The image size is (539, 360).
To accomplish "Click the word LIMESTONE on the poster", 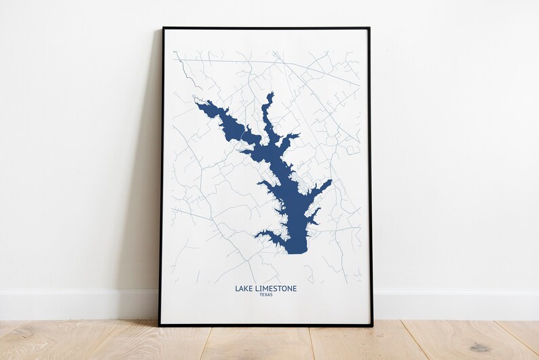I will (x=275, y=289).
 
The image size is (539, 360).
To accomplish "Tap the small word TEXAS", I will (x=265, y=295).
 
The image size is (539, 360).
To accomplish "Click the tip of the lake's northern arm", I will (x=270, y=94).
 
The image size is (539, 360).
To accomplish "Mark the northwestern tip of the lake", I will (x=198, y=103).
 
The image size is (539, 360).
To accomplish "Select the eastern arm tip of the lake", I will (x=330, y=181).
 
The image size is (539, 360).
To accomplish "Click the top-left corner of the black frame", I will (x=163, y=29).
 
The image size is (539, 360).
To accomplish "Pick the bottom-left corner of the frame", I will (x=160, y=325).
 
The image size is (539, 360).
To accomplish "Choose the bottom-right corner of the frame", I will (x=372, y=325).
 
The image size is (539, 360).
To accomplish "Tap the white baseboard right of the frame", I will (x=455, y=304).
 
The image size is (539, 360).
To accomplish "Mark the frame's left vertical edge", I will (x=162, y=177).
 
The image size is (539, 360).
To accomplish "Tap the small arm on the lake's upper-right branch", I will (x=292, y=137).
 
